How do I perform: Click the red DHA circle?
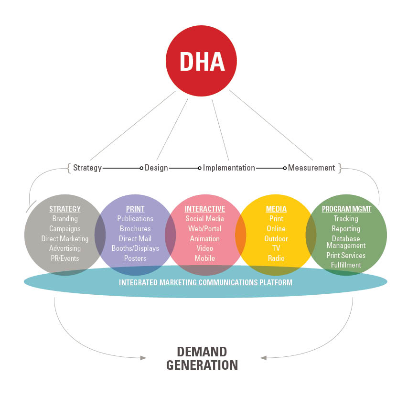[201, 61]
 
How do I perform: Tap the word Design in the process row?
[156, 168]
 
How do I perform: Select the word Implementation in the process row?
[229, 168]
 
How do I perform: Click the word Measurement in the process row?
[311, 168]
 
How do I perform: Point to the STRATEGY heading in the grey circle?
[65, 209]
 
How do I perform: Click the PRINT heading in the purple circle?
[135, 209]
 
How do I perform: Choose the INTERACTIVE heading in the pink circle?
[205, 209]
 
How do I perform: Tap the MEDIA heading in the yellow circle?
[276, 209]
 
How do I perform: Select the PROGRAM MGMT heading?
[346, 209]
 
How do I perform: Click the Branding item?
[65, 219]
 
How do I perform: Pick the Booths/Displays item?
[135, 248]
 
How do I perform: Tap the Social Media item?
[205, 219]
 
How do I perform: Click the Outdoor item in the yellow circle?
[276, 238]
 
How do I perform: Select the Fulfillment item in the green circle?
[346, 265]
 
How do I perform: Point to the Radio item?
[276, 258]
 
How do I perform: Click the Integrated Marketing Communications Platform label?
[205, 282]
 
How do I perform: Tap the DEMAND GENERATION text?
[202, 359]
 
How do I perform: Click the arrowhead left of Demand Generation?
[143, 357]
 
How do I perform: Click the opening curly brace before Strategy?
[69, 168]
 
